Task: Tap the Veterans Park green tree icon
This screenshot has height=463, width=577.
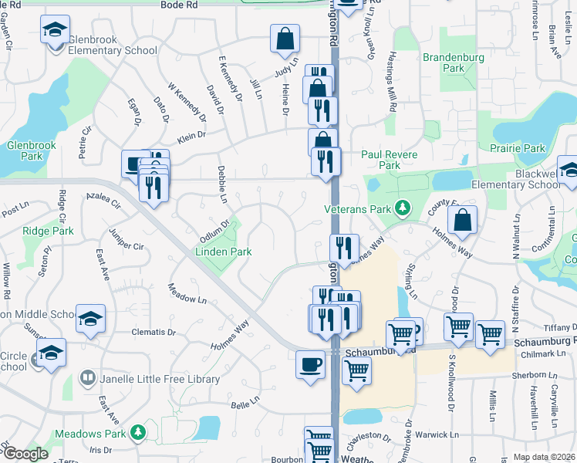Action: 401,208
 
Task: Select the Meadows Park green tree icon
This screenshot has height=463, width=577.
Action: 137,431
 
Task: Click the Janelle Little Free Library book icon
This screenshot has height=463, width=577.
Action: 88,379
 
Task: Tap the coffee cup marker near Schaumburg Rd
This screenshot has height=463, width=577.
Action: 310,364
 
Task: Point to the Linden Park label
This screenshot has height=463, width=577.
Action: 223,252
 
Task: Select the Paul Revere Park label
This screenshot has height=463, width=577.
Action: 390,160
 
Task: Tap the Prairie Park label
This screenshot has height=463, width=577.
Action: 522,148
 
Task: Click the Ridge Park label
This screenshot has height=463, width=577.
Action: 48,231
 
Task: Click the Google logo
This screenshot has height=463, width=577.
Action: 25,454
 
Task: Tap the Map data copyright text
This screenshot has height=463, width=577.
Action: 543,457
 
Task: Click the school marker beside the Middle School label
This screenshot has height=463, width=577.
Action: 90,318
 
